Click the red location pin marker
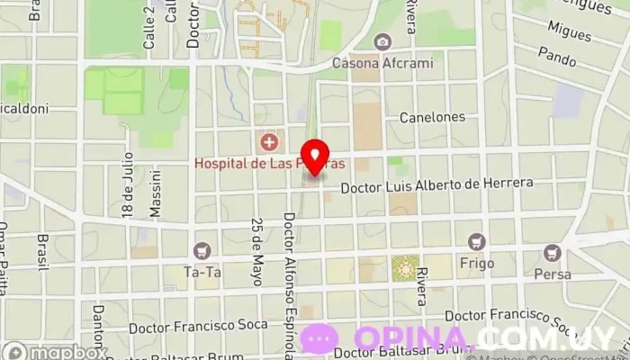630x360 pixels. [x=314, y=156]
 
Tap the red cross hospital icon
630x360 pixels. [x=268, y=142]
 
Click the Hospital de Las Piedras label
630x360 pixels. [x=270, y=164]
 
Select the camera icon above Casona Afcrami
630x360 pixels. [x=383, y=42]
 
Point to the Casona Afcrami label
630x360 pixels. [x=382, y=63]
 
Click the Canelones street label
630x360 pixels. [x=432, y=117]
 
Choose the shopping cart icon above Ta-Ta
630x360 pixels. [x=202, y=250]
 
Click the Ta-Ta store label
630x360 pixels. [x=202, y=270]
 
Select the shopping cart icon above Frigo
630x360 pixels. [x=476, y=241]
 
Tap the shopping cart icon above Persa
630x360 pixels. [x=552, y=254]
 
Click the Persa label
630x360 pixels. [x=552, y=274]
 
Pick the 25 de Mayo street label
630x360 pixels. [x=257, y=252]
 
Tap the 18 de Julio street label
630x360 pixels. [x=128, y=192]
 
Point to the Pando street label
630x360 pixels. [x=557, y=54]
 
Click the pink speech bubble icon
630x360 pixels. [x=319, y=338]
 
